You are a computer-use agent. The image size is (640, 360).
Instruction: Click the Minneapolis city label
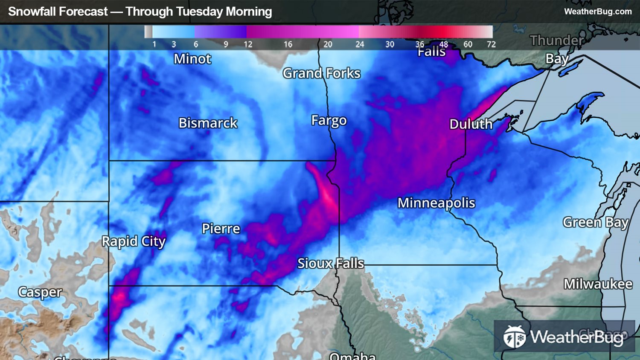coord(436,203)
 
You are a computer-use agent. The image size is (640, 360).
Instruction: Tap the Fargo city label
coord(329,121)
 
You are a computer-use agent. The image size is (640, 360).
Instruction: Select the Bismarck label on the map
coord(208,123)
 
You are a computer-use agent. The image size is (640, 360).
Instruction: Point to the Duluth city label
coord(471,124)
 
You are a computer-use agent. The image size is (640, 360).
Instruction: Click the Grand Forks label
coord(321,73)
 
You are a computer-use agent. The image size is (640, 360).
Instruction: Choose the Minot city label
coord(192,59)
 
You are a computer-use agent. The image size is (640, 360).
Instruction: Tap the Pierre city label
coord(221,229)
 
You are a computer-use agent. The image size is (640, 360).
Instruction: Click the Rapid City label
coord(133,241)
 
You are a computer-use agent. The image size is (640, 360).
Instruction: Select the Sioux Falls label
coord(331,264)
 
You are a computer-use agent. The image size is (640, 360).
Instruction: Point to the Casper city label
coord(40,292)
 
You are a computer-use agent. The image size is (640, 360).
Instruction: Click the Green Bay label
coord(595,223)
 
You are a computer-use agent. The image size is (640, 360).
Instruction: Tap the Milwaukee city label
coord(598,284)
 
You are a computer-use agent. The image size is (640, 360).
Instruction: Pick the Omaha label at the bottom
coord(352,356)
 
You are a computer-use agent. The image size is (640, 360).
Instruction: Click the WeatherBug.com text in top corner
coord(598,12)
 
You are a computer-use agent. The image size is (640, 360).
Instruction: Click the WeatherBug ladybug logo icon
coord(514,337)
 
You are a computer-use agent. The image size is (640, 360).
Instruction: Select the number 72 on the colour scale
coord(491,44)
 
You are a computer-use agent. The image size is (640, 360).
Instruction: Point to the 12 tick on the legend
coord(248,44)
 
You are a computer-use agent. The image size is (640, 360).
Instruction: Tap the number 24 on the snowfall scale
coord(360,44)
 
